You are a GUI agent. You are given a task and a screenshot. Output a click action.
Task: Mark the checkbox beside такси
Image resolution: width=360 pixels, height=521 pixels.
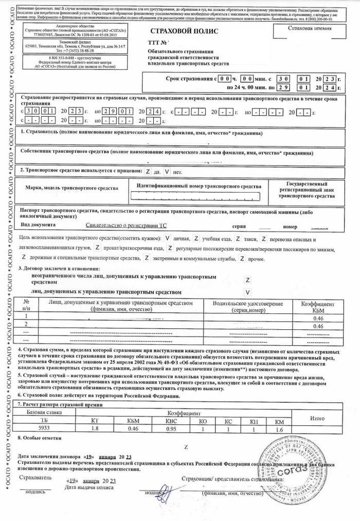[x=238, y=239]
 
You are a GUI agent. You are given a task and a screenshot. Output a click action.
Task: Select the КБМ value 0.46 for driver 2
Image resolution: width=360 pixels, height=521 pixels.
[x=317, y=326]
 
